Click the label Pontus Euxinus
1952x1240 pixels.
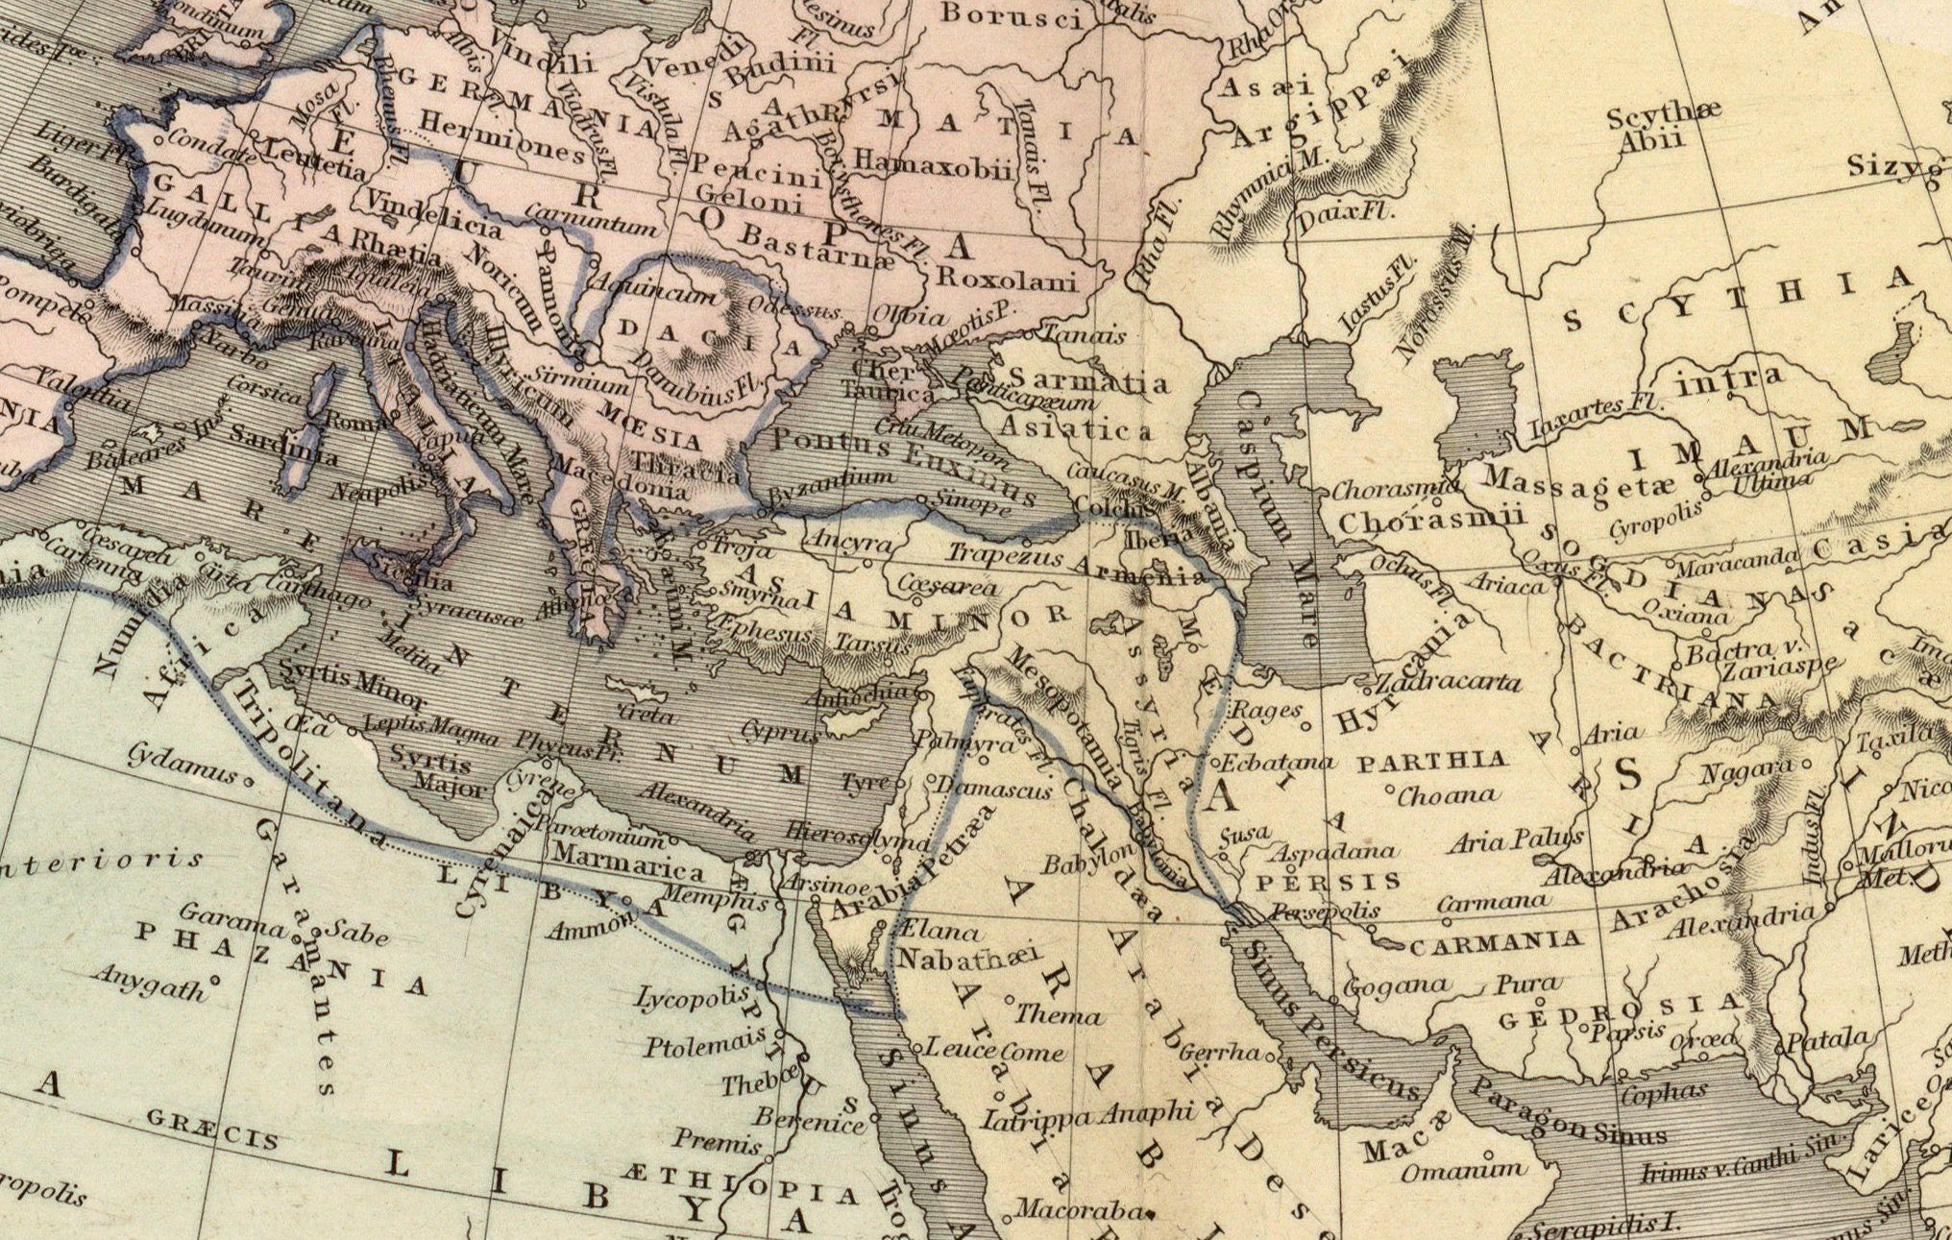(x=903, y=466)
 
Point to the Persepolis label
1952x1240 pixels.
(x=1326, y=911)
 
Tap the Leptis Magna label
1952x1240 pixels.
(x=431, y=731)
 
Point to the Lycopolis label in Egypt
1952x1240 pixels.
(x=692, y=999)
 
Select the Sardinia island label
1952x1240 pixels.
(x=282, y=443)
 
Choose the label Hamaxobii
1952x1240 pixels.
(x=932, y=164)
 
